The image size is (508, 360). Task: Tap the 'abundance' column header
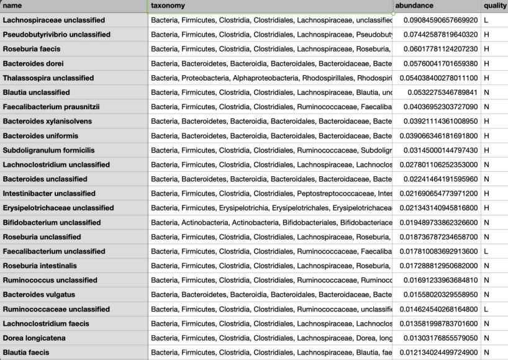tap(417, 6)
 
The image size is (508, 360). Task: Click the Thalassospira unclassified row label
tap(48, 78)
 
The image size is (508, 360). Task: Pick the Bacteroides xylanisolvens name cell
tap(47, 121)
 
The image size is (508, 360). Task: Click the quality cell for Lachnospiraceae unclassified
tap(486, 20)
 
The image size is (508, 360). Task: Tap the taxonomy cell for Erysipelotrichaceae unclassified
tap(271, 208)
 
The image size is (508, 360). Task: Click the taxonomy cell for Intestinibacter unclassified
tap(271, 194)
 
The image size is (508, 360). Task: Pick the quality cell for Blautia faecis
tap(486, 353)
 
